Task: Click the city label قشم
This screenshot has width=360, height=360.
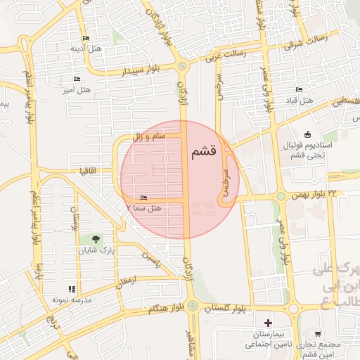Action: [202, 152]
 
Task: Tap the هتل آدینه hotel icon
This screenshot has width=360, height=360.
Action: [86, 38]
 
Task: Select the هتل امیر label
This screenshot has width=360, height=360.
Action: [75, 90]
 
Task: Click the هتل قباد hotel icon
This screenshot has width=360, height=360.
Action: [299, 91]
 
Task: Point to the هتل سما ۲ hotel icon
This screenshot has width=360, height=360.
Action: [144, 198]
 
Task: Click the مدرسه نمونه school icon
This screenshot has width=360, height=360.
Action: [70, 289]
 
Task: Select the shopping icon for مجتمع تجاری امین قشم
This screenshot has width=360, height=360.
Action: [319, 334]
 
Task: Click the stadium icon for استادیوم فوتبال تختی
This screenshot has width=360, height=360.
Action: [307, 135]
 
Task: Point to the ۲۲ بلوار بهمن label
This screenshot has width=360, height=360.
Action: [323, 193]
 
